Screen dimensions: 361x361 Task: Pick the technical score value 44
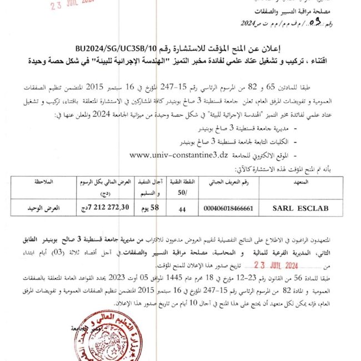(180, 209)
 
